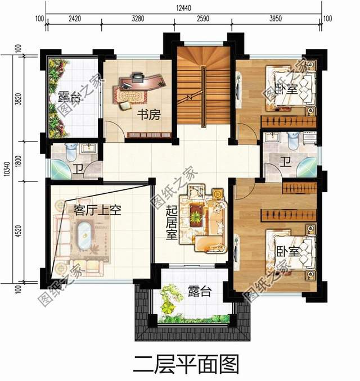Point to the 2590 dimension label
click(x=202, y=19)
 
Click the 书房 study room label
click(x=150, y=116)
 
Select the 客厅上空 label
click(x=98, y=211)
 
